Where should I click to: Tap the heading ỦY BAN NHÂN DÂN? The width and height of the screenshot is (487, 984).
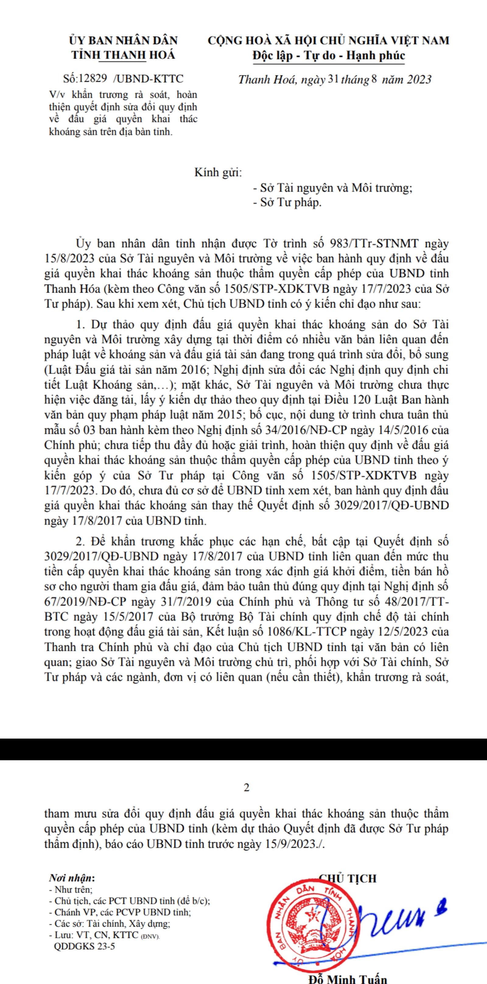pyautogui.click(x=123, y=41)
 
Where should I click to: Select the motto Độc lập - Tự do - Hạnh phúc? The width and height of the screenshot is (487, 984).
pyautogui.click(x=328, y=56)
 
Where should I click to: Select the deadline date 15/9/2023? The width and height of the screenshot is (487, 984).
pyautogui.click(x=292, y=844)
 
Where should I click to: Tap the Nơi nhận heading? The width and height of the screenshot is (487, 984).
pyautogui.click(x=72, y=879)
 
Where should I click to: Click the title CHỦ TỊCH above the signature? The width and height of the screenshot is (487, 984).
pyautogui.click(x=347, y=879)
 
